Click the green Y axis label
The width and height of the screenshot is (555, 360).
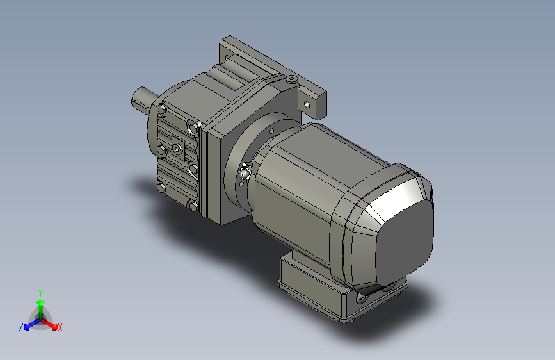[40, 293]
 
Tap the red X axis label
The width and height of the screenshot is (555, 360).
[60, 327]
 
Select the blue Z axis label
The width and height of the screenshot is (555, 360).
[21, 327]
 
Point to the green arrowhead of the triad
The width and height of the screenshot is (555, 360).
[41, 302]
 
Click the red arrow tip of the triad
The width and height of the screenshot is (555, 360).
[54, 327]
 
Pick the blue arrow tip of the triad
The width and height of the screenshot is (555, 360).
[26, 327]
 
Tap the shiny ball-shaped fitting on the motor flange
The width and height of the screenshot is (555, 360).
[244, 174]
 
